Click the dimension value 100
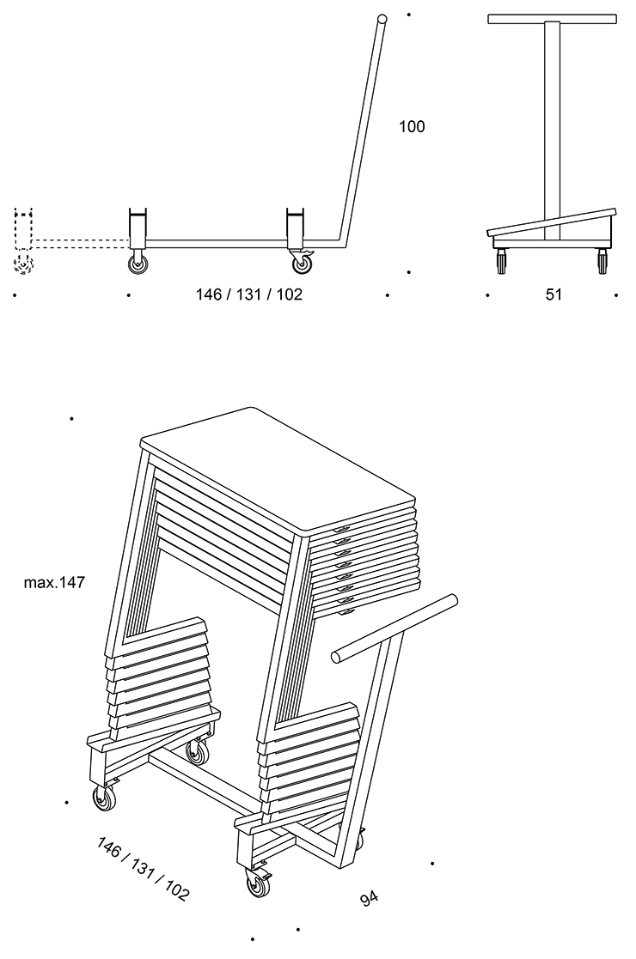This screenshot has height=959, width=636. (x=412, y=127)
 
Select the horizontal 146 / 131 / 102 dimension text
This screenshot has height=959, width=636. (x=249, y=294)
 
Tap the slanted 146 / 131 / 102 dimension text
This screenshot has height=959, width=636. (x=144, y=868)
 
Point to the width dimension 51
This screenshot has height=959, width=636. (x=553, y=294)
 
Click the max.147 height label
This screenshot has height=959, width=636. (x=54, y=583)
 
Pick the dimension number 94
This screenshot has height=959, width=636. (x=370, y=899)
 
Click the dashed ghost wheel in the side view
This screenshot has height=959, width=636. (x=23, y=264)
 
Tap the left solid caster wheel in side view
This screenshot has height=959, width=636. (x=138, y=264)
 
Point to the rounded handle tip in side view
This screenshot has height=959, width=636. (x=381, y=19)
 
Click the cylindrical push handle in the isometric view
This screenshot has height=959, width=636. (x=395, y=627)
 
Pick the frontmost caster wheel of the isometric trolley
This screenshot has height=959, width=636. (x=257, y=884)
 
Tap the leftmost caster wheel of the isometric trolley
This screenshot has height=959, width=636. (x=103, y=800)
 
